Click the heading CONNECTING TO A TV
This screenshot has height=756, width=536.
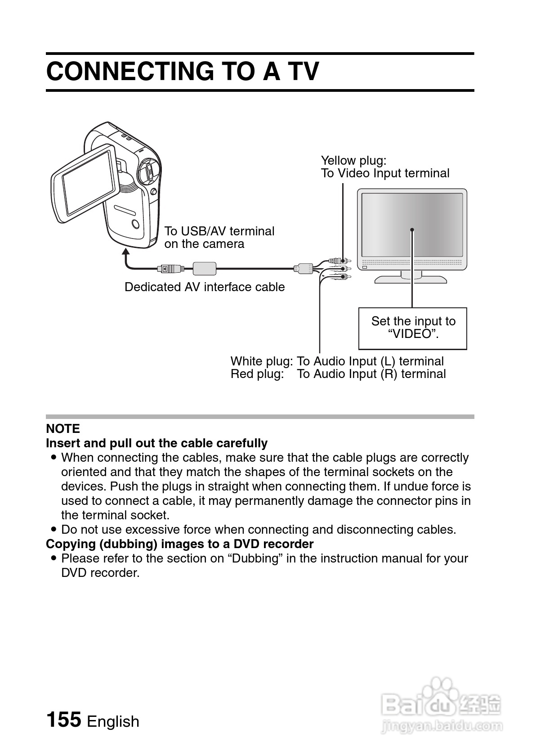pos(183,71)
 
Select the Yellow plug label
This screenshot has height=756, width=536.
pos(353,161)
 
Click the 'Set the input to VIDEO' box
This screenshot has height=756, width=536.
pos(412,328)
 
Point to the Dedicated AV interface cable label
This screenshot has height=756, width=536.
pos(205,287)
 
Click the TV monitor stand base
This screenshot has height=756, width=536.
pos(411,279)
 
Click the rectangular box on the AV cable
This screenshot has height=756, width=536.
pos(205,268)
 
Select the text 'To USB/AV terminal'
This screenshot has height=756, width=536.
pos(219,231)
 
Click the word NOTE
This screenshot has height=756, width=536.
pos(63,428)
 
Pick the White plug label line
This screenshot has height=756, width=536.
pos(337,361)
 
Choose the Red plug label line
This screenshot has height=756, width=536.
pos(338,374)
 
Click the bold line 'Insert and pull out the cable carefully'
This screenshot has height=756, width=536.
pos(156,443)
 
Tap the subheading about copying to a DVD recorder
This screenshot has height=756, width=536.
pos(179,544)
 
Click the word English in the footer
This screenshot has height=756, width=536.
pos(113,721)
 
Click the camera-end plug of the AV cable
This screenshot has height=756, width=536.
pos(170,269)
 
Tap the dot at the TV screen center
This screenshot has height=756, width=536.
pos(412,230)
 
